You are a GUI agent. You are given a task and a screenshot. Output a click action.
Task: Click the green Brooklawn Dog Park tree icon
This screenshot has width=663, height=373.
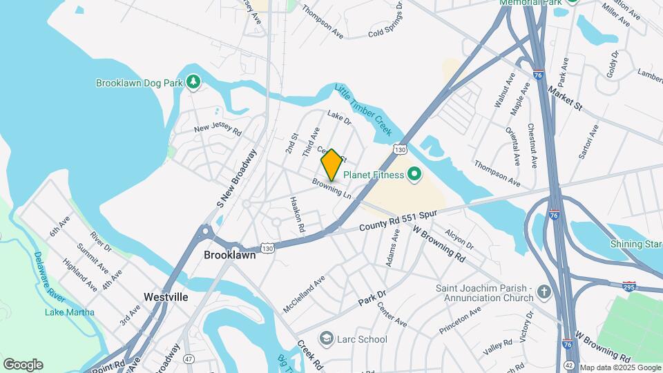tap(193, 83)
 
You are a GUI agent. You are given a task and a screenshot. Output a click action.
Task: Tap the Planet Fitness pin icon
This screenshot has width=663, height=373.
tap(414, 175)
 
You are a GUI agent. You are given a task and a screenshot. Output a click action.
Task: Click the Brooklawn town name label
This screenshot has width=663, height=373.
tap(230, 255)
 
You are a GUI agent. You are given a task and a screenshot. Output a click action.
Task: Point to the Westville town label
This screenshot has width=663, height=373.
tap(166, 297)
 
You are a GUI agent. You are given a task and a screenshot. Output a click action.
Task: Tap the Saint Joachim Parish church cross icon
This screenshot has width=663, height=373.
tap(544, 293)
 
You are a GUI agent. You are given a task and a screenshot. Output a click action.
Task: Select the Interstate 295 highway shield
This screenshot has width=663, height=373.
tap(629, 286)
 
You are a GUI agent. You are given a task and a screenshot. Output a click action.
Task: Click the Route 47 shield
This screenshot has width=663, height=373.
tap(189, 358)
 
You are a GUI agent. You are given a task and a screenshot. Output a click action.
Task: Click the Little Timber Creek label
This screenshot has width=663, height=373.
tap(363, 109)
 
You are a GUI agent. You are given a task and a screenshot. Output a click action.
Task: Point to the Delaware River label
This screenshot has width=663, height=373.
tap(48, 276)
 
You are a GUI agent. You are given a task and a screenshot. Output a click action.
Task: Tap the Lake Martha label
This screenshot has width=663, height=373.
tap(70, 312)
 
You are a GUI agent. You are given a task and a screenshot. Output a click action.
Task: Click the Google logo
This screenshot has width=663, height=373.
tap(23, 364)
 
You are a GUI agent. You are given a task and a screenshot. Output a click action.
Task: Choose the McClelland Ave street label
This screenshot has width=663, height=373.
tap(304, 294)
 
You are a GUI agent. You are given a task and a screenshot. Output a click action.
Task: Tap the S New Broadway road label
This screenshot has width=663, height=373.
tap(237, 178)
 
